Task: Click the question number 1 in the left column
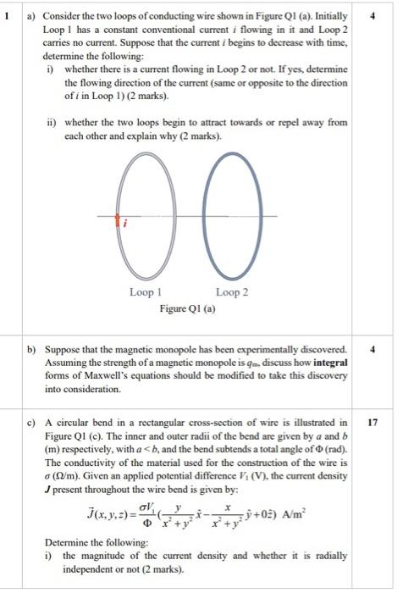[9, 14]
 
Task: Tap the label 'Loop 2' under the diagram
[232, 293]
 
